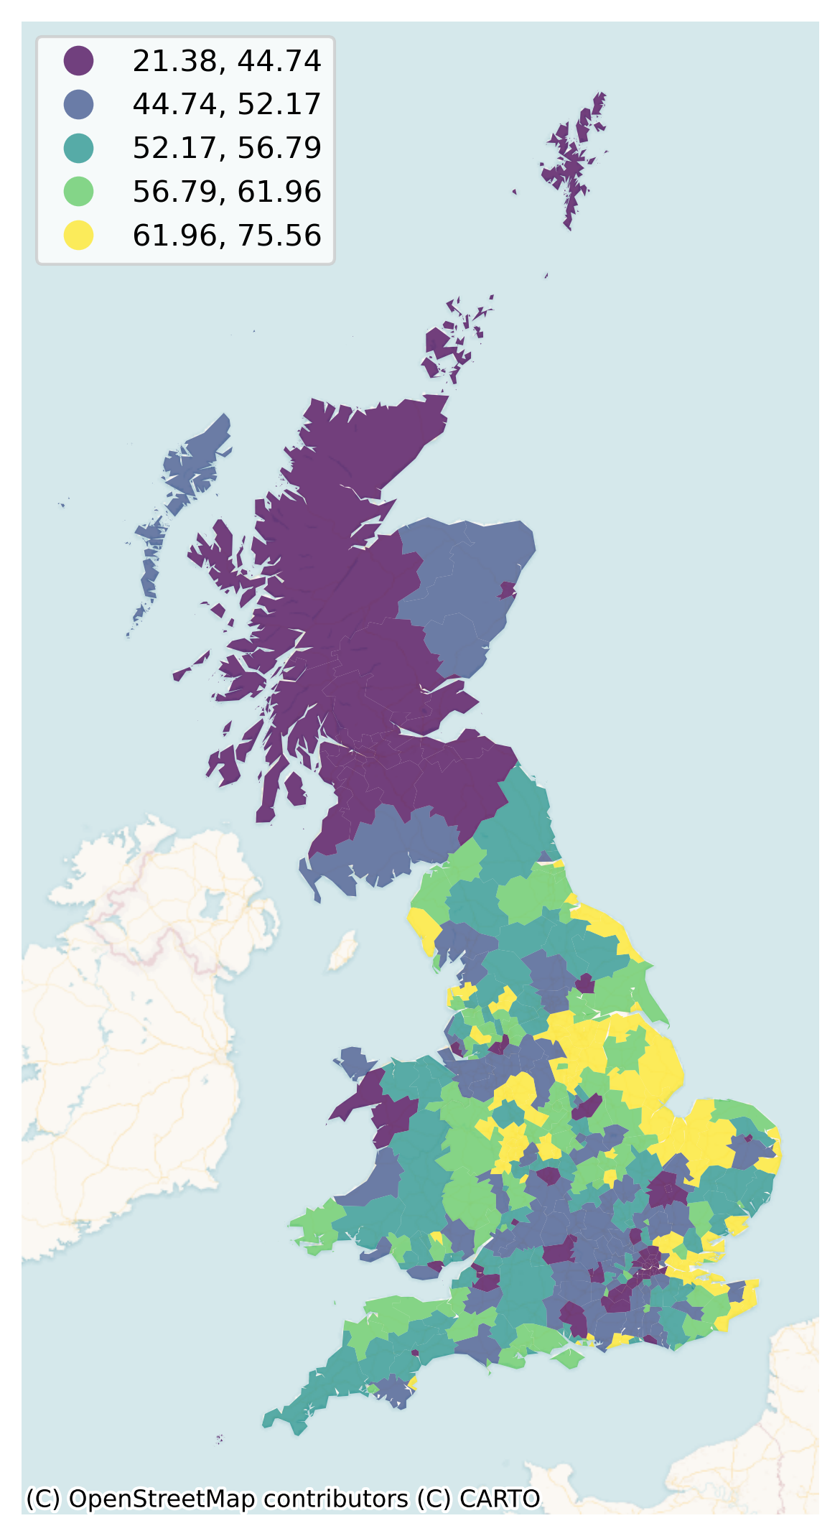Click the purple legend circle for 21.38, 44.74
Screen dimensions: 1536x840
point(78,60)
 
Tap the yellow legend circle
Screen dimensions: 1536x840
point(78,235)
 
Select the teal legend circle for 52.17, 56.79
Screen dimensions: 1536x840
point(78,148)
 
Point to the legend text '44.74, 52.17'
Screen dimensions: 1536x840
point(226,104)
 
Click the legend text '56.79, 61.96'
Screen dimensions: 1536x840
point(226,192)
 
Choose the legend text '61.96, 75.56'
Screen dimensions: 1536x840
point(226,236)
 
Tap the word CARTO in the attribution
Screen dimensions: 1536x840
point(500,1499)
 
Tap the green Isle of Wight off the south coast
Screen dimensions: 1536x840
point(567,1357)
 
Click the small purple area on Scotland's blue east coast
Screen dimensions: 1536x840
point(508,590)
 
